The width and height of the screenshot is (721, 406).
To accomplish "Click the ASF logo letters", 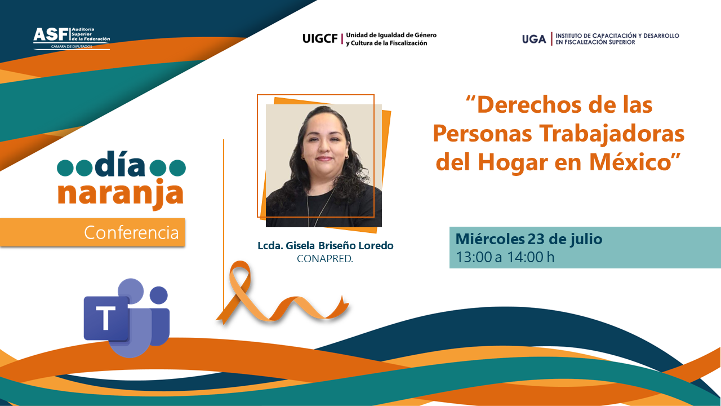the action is (51, 34).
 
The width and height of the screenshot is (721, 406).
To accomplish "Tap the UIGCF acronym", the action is (320, 39).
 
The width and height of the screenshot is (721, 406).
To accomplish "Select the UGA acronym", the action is (534, 39).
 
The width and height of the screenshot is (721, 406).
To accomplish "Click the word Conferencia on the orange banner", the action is (131, 233).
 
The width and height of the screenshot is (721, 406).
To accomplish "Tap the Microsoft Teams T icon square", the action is (106, 319).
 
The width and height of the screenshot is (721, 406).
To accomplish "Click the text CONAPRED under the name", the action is (325, 259).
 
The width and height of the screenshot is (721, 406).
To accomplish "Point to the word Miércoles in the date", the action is (490, 239).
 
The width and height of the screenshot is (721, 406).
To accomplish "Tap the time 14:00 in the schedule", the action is (526, 257).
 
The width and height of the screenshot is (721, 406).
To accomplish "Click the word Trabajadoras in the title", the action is (612, 134).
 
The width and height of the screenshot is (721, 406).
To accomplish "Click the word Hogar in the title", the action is (513, 163).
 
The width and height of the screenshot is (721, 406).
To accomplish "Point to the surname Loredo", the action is (376, 245).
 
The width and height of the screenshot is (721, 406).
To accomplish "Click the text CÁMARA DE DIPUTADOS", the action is (72, 46).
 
